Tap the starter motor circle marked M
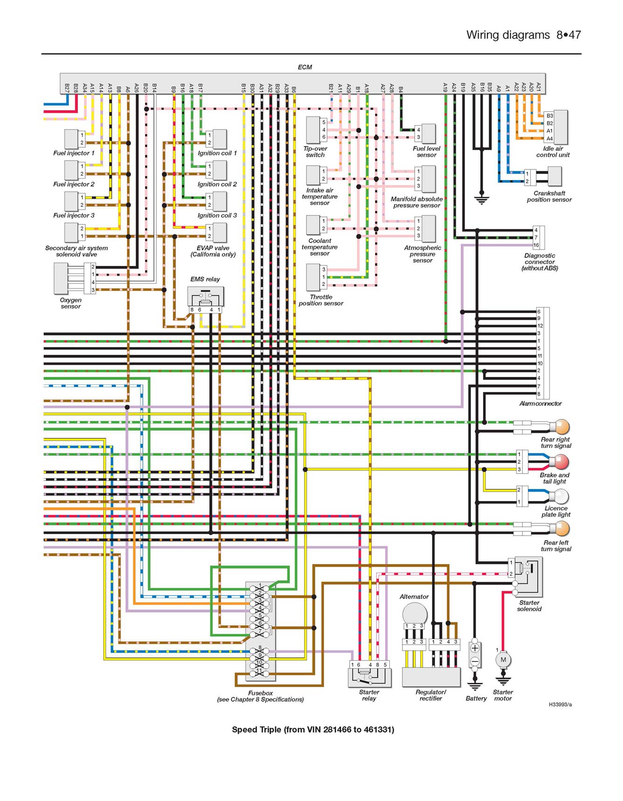(503, 660)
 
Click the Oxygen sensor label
(71, 303)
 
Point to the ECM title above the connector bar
(305, 67)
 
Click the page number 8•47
(568, 35)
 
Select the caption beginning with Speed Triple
(313, 730)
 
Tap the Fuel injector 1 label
(74, 153)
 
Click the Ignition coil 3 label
(217, 216)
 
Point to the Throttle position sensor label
(321, 300)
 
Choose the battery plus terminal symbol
(475, 648)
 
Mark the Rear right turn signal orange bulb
(562, 426)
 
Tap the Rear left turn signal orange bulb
(562, 529)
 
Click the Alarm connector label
(540, 404)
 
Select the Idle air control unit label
(553, 152)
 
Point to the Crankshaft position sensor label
(549, 196)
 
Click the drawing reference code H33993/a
(560, 704)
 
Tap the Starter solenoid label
(529, 606)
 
